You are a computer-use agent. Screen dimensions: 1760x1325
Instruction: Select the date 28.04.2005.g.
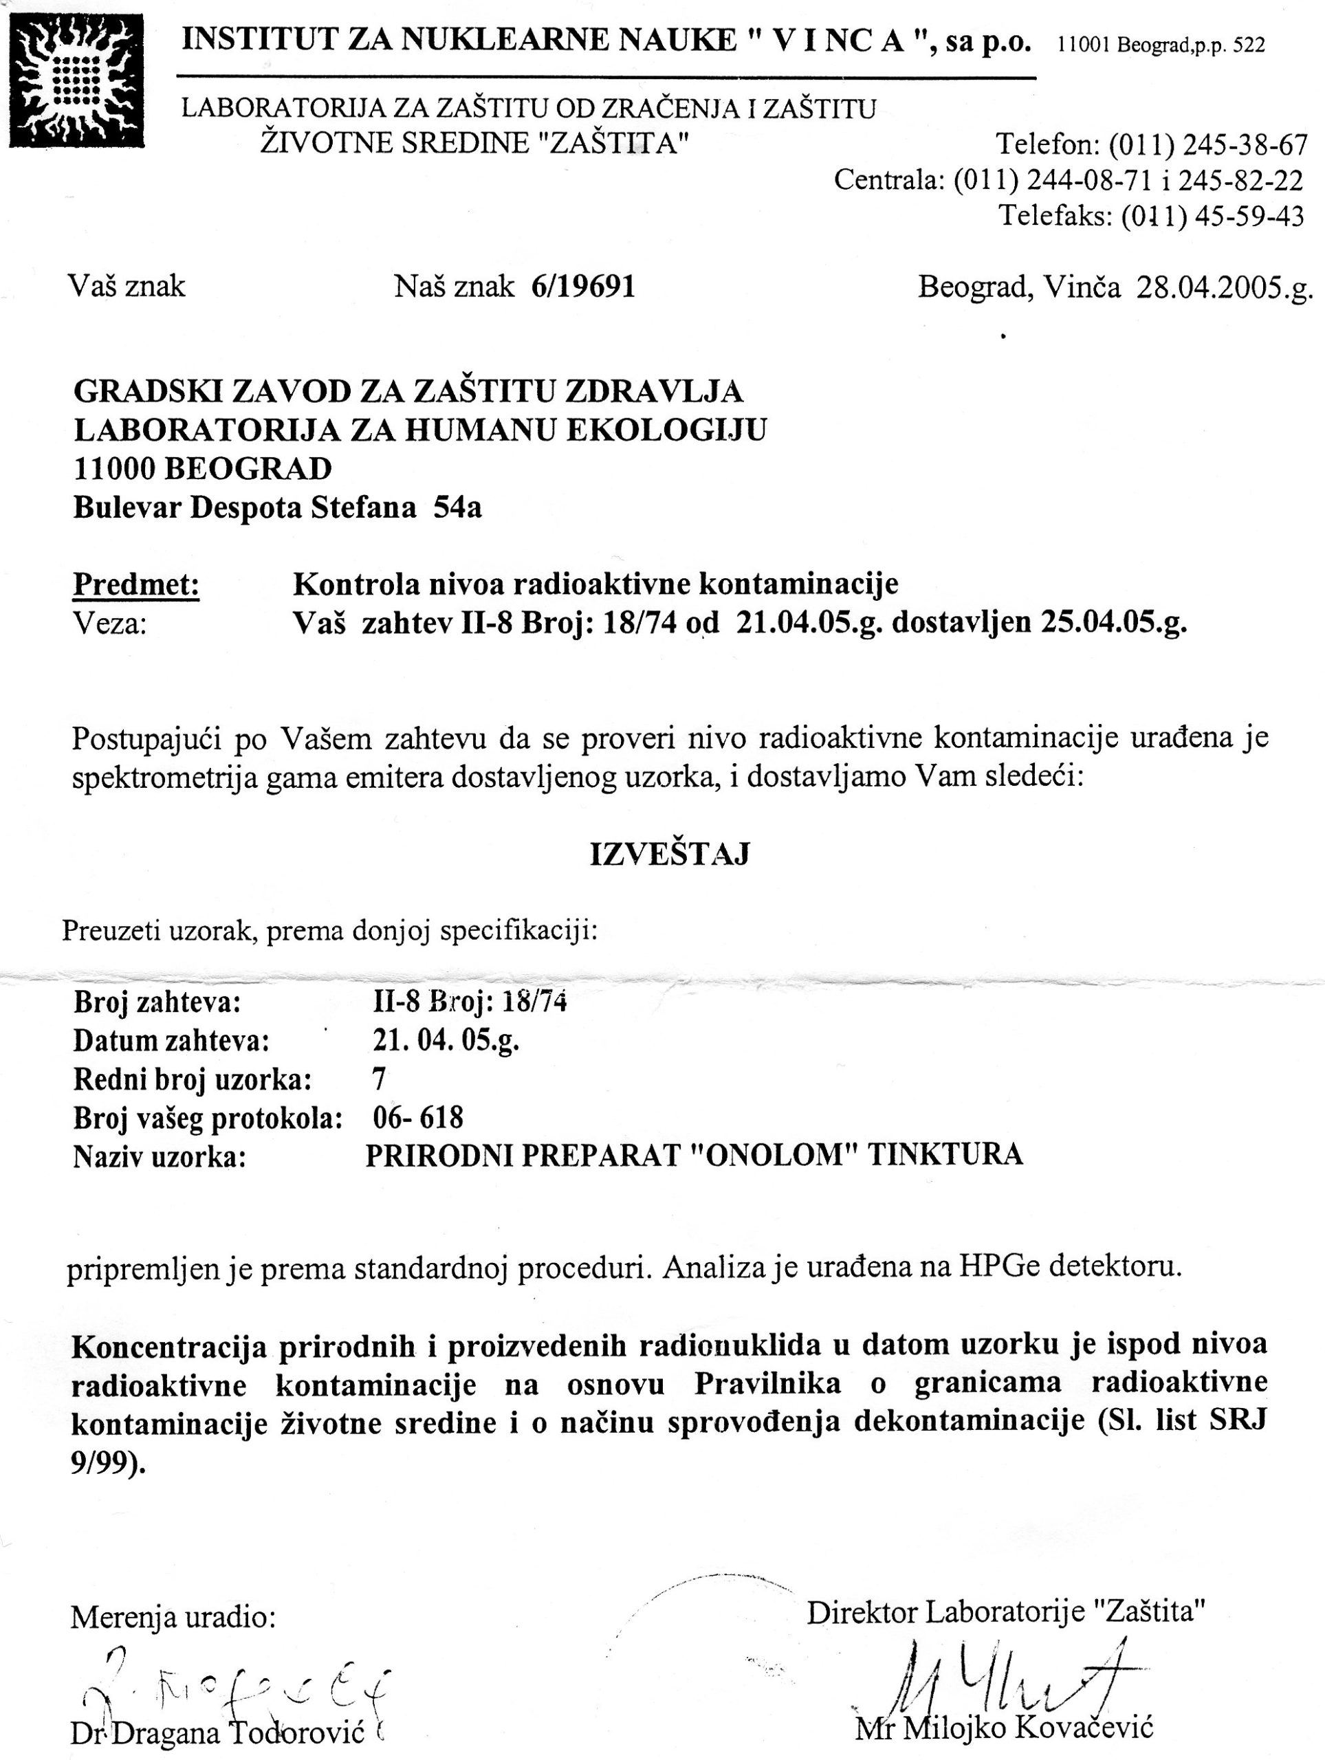click(x=1224, y=287)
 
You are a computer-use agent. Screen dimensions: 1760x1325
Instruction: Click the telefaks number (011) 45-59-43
click(x=1213, y=216)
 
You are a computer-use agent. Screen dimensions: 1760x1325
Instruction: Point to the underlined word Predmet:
click(x=136, y=585)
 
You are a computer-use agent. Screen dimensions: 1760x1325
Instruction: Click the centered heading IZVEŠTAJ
click(x=669, y=855)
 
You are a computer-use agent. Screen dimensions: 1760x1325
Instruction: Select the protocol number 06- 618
click(x=418, y=1118)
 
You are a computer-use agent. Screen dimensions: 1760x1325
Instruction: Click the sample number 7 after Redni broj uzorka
click(x=380, y=1079)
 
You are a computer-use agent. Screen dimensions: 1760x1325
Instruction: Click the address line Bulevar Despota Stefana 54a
click(x=277, y=507)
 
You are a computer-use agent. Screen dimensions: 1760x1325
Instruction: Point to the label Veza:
click(x=110, y=623)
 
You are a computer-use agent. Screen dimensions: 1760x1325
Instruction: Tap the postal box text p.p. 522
click(x=1233, y=46)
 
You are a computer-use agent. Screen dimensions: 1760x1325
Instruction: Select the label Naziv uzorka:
click(x=159, y=1157)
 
